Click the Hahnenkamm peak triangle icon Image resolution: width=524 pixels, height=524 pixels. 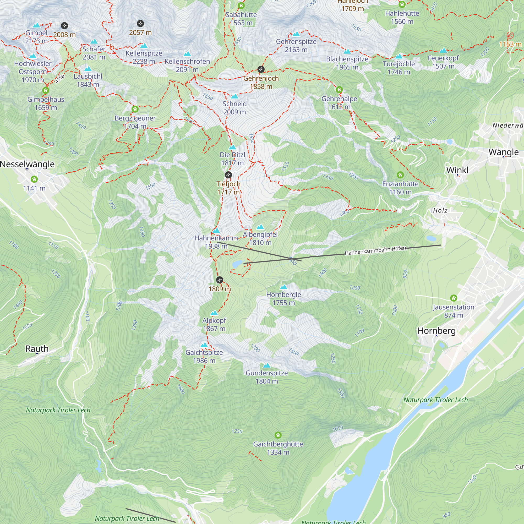pyautogui.click(x=216, y=231)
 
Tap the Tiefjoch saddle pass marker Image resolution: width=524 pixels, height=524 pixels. pyautogui.click(x=228, y=175)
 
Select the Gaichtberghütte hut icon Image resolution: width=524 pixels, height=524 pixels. pyautogui.click(x=278, y=435)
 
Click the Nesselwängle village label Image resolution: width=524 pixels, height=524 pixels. pyautogui.click(x=27, y=164)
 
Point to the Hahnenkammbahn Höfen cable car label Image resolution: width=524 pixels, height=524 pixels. pyautogui.click(x=375, y=251)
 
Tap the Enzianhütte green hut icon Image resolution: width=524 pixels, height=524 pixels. pyautogui.click(x=400, y=175)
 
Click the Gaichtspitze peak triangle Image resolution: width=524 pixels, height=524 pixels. pyautogui.click(x=204, y=345)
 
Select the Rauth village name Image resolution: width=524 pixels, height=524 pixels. pyautogui.click(x=37, y=348)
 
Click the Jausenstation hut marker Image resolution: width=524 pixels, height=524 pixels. pyautogui.click(x=454, y=298)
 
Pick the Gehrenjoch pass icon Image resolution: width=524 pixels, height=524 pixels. pyautogui.click(x=261, y=69)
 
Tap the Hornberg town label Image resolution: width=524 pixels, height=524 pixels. pyautogui.click(x=436, y=331)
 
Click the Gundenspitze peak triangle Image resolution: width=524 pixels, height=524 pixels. pyautogui.click(x=267, y=365)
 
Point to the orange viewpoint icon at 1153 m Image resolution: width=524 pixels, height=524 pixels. pyautogui.click(x=510, y=35)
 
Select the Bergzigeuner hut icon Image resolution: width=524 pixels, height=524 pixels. pyautogui.click(x=135, y=109)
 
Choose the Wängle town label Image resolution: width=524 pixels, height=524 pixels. pyautogui.click(x=503, y=152)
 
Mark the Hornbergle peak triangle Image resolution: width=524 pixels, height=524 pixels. pyautogui.click(x=283, y=287)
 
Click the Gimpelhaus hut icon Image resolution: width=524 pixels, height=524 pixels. pyautogui.click(x=46, y=90)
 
